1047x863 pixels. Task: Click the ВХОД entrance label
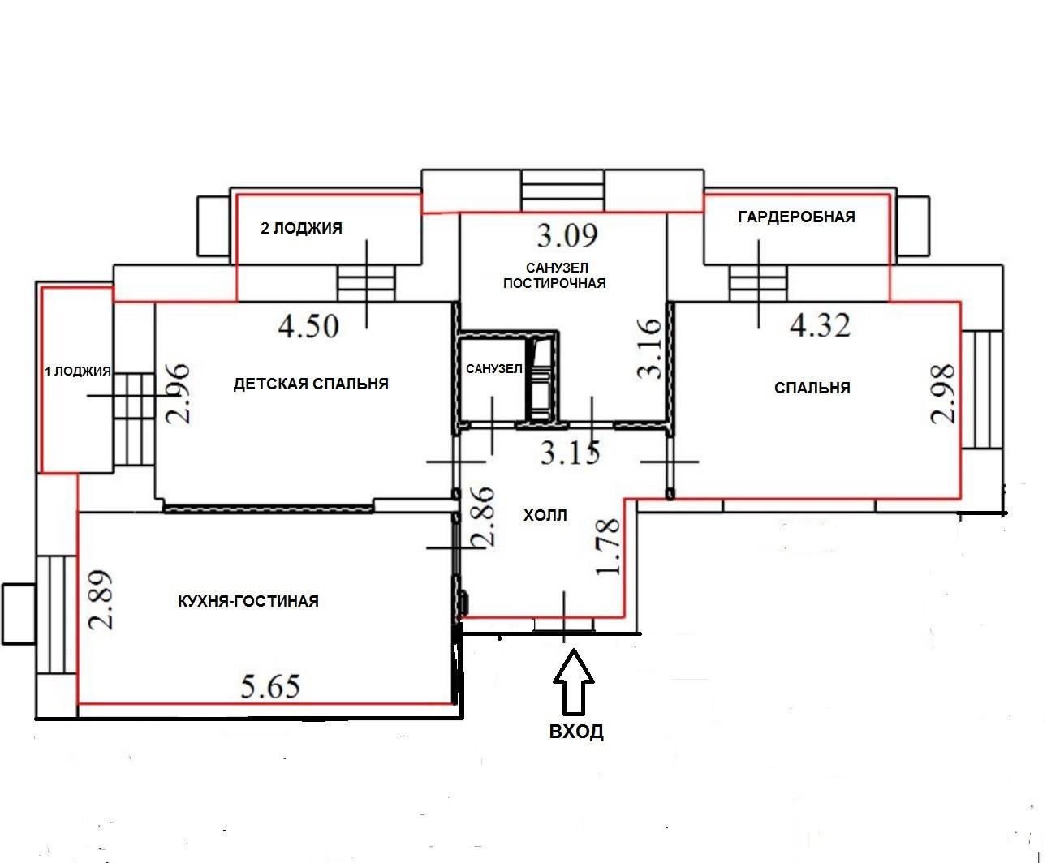pyautogui.click(x=576, y=732)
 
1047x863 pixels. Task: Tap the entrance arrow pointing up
pyautogui.click(x=574, y=682)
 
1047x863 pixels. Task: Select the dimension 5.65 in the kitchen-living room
pyautogui.click(x=270, y=687)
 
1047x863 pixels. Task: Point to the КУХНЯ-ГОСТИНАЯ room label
pyautogui.click(x=248, y=601)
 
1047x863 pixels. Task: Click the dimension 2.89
pyautogui.click(x=101, y=600)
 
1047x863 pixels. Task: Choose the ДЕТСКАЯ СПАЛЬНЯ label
pyautogui.click(x=311, y=384)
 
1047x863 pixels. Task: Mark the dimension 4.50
pyautogui.click(x=308, y=326)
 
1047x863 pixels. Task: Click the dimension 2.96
pyautogui.click(x=178, y=394)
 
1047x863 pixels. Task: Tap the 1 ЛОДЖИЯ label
pyautogui.click(x=78, y=371)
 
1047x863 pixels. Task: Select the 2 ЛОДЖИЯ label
pyautogui.click(x=301, y=229)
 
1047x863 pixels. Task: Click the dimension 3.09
pyautogui.click(x=567, y=235)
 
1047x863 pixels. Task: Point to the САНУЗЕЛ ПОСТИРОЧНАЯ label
pyautogui.click(x=554, y=276)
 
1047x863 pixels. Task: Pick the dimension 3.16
pyautogui.click(x=648, y=349)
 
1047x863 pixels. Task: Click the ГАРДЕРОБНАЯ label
pyautogui.click(x=797, y=217)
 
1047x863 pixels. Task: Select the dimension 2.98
pyautogui.click(x=942, y=394)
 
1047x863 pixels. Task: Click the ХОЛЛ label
pyautogui.click(x=545, y=515)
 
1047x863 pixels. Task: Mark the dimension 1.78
pyautogui.click(x=608, y=546)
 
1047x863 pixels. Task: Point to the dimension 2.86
pyautogui.click(x=483, y=517)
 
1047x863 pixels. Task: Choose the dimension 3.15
pyautogui.click(x=570, y=453)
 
